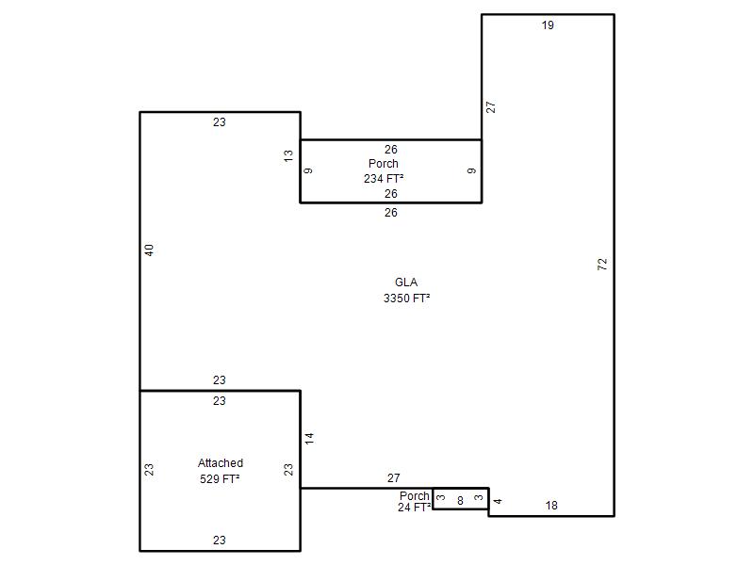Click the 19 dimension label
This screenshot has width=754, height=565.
click(548, 25)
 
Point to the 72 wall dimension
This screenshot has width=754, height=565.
click(602, 264)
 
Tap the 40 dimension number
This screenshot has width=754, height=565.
click(149, 250)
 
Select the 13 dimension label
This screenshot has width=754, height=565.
click(288, 156)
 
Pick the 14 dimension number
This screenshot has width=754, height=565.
click(309, 438)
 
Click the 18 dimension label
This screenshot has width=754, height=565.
click(551, 506)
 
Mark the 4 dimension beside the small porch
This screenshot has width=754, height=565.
click(498, 501)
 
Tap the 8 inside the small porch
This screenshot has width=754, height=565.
click(460, 501)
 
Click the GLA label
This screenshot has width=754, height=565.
click(406, 282)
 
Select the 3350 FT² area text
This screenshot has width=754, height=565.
click(407, 299)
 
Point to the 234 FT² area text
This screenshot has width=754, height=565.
click(384, 179)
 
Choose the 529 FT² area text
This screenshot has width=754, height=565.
click(220, 479)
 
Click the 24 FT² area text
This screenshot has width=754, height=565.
click(414, 508)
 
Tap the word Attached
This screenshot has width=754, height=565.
click(221, 463)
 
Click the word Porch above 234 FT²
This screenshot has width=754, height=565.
click(384, 163)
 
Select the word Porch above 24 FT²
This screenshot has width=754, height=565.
click(415, 496)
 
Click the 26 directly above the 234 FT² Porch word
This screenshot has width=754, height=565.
click(391, 150)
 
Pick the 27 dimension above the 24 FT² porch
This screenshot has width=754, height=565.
click(394, 478)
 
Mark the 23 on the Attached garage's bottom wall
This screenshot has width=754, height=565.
click(220, 540)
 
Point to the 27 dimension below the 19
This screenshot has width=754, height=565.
click(490, 107)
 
